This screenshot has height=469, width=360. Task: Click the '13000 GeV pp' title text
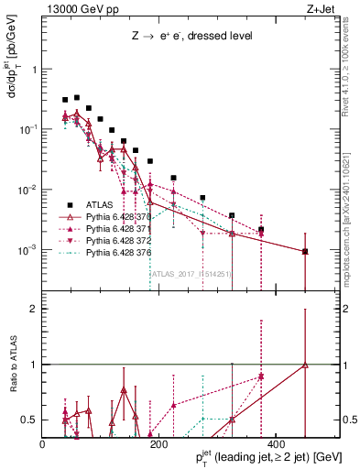pyautogui.click(x=79, y=9)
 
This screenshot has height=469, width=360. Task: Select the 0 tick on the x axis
pyautogui.click(x=43, y=443)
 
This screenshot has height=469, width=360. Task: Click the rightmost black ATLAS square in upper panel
pyautogui.click(x=305, y=251)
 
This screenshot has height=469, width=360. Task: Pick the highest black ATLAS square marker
pyautogui.click(x=77, y=97)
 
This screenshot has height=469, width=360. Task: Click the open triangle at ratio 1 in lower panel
pyautogui.click(x=305, y=365)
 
